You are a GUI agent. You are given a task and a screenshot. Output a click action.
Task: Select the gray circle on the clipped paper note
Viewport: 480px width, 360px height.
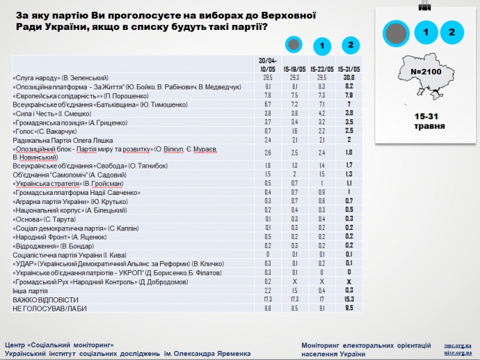point(397,32)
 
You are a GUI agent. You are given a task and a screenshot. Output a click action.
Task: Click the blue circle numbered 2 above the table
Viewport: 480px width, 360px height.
point(351,45)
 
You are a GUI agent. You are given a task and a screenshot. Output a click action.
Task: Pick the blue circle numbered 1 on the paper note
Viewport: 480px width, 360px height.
point(426,32)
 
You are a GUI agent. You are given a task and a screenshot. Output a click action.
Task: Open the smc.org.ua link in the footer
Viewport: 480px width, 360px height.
point(458,345)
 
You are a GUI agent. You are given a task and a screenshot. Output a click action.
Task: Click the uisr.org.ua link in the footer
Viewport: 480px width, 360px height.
point(458,353)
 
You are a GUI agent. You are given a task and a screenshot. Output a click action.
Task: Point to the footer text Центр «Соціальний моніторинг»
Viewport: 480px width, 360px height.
point(59,345)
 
